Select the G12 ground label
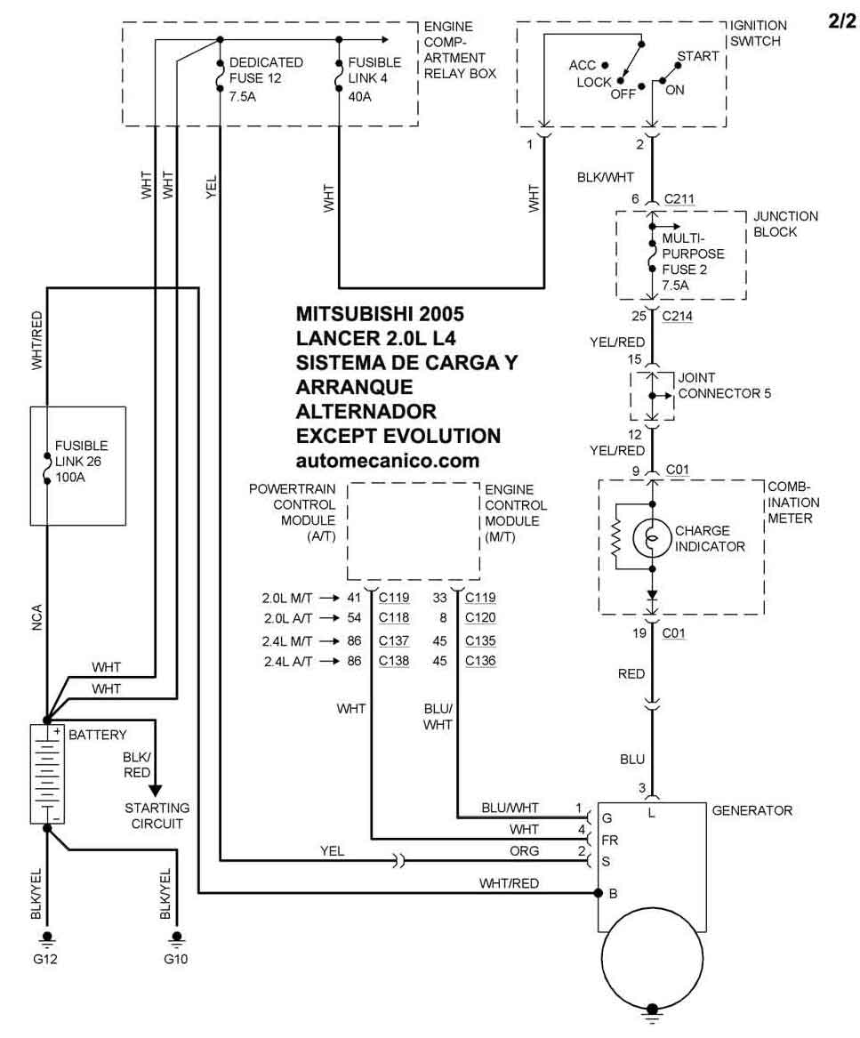[x=47, y=960]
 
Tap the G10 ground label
[x=176, y=960]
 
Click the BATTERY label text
[x=98, y=735]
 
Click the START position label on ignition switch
[x=697, y=56]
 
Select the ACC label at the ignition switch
[x=583, y=66]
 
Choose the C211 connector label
[x=679, y=199]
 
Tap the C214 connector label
[x=679, y=316]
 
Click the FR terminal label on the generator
[x=610, y=839]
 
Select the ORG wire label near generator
[x=525, y=851]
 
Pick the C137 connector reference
[x=394, y=640]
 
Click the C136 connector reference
[x=480, y=661]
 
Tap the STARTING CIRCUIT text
[x=157, y=816]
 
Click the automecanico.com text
[x=388, y=461]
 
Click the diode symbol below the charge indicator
[x=652, y=594]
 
